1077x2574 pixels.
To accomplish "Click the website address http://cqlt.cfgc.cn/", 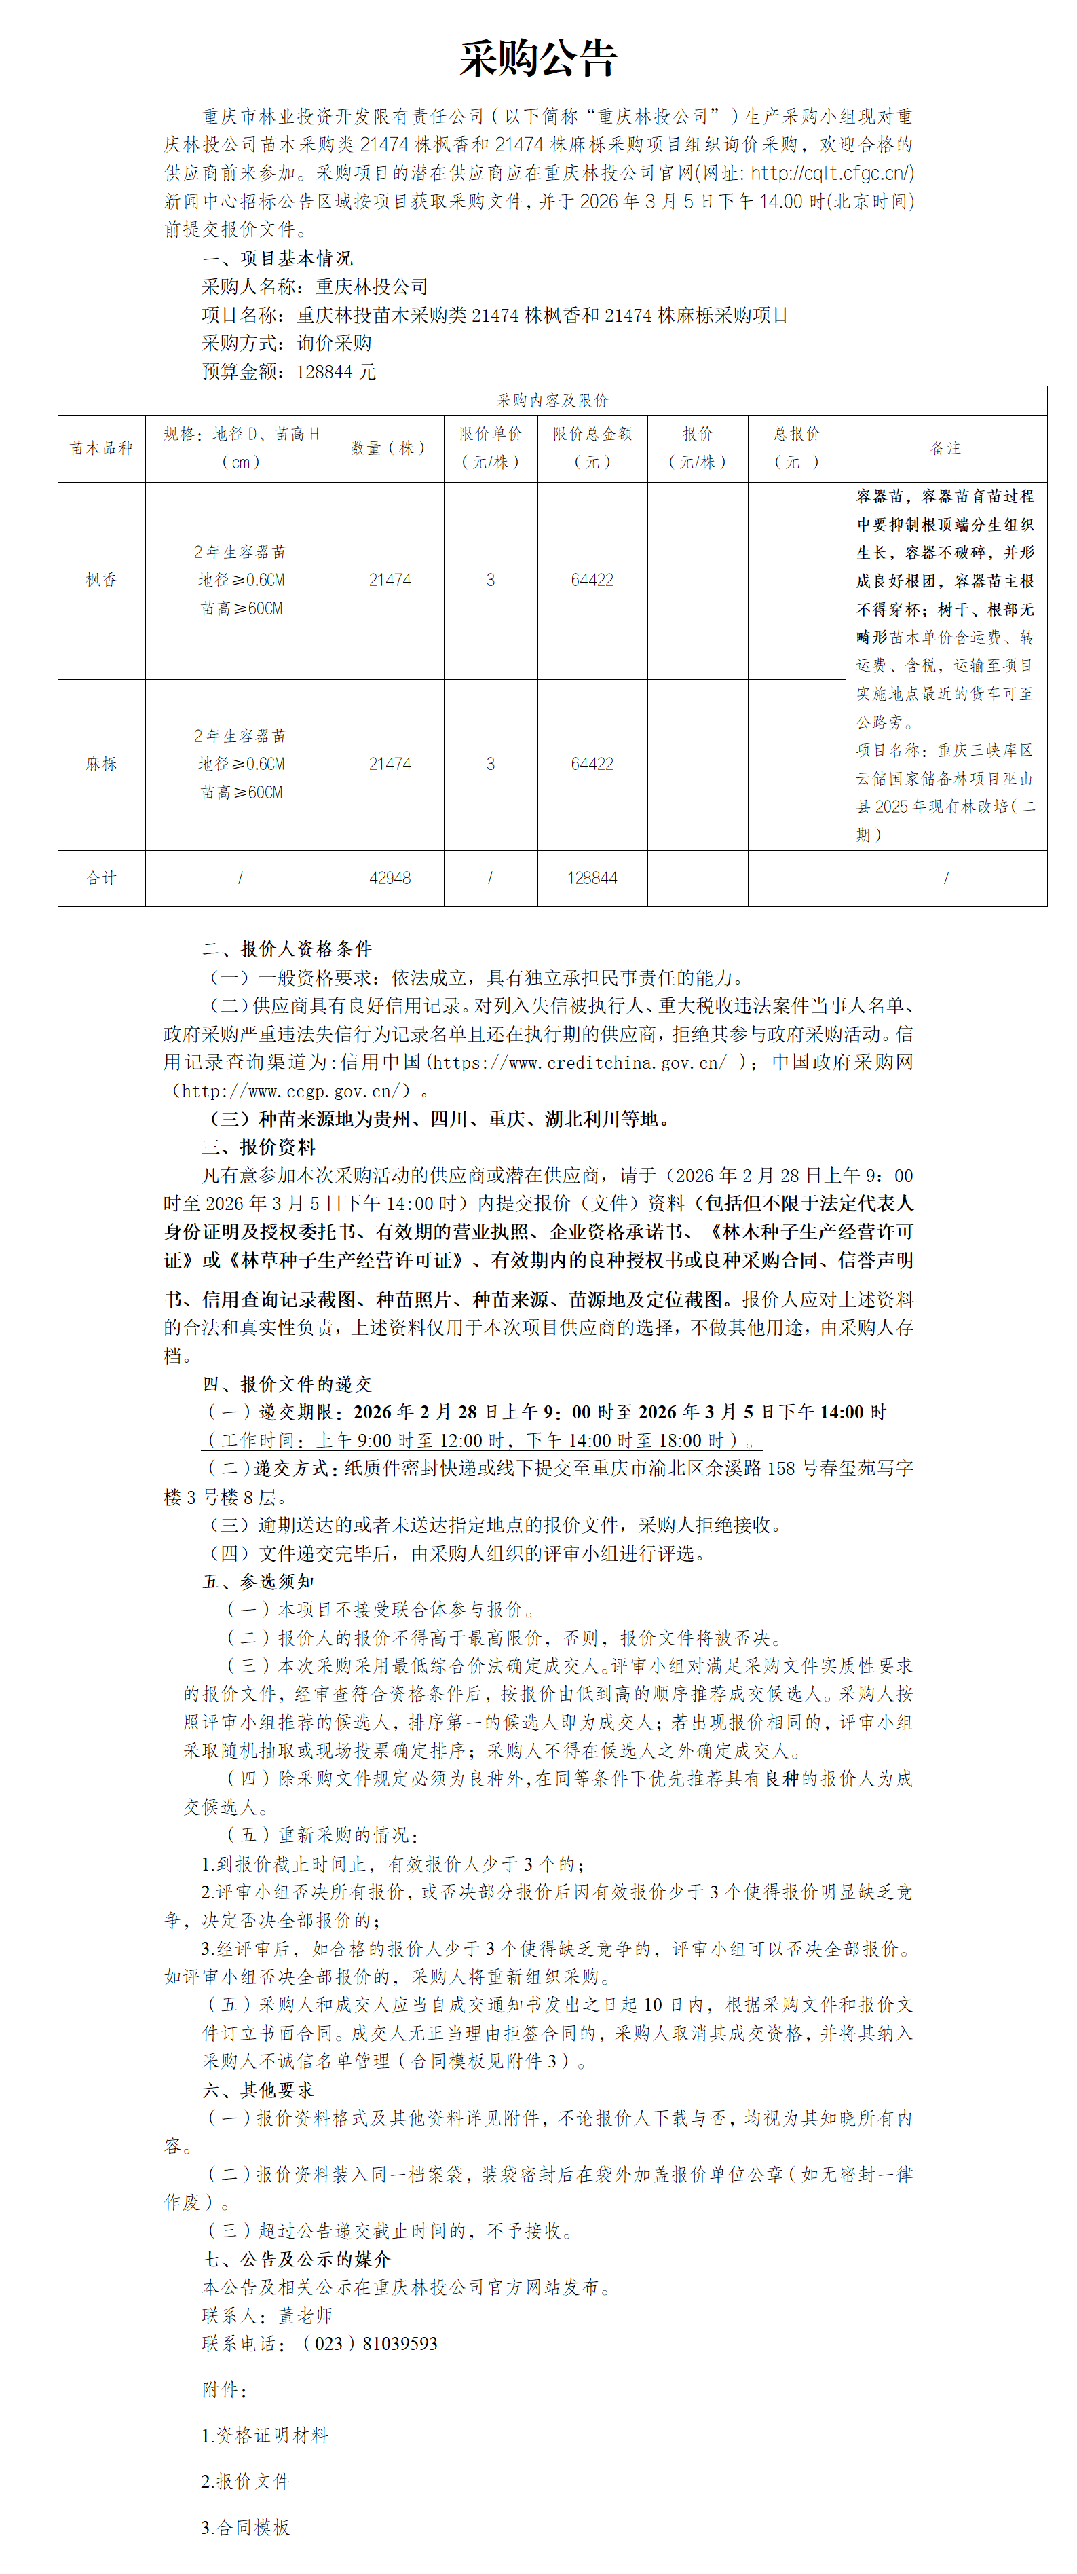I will coord(831,173).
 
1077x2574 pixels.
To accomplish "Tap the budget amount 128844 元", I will coord(336,371).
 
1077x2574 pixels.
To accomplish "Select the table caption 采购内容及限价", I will coord(552,401).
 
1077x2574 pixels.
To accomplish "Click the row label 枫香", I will coord(101,580).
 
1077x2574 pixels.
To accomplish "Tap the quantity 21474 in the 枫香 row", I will coord(390,580).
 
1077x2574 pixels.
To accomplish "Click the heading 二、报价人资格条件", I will coord(287,949).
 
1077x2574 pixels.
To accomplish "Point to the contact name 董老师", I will coord(305,2316).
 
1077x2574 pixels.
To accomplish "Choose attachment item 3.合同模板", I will coord(246,2527).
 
